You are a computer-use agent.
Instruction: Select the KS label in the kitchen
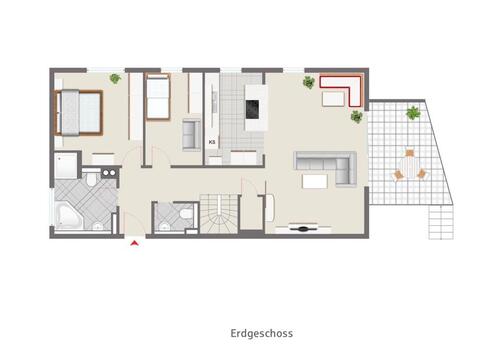pyautogui.click(x=212, y=142)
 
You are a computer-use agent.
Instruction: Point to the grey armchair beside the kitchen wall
pyautogui.click(x=190, y=134)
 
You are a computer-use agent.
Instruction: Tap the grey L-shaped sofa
pyautogui.click(x=324, y=165)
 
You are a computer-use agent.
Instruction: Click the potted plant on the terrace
pyautogui.click(x=412, y=113)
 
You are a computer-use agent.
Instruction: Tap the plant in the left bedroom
pyautogui.click(x=115, y=78)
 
